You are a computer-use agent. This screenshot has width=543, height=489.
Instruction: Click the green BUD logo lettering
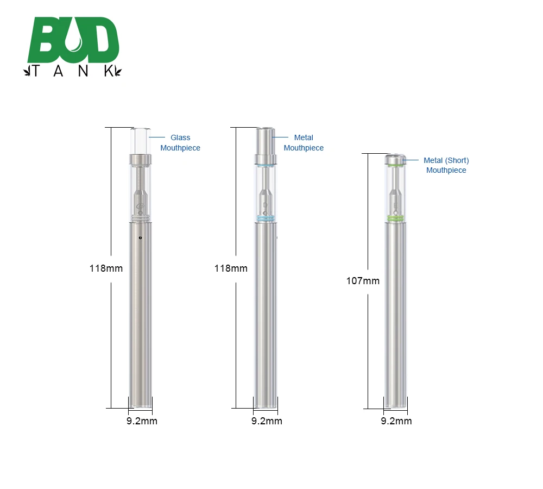point(73,41)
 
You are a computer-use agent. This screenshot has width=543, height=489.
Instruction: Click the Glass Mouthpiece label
point(180,143)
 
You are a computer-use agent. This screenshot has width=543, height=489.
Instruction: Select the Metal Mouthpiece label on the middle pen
point(304,143)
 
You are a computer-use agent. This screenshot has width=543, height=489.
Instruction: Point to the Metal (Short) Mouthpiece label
point(446,165)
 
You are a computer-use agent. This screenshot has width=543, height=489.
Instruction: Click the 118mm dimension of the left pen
point(106,268)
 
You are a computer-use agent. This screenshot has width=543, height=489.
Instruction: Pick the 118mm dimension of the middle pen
point(231,268)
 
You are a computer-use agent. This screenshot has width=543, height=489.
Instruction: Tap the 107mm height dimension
point(363,281)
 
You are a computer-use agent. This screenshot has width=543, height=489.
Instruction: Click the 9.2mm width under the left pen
point(142,421)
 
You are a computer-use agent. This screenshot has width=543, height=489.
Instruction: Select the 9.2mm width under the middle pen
point(267,421)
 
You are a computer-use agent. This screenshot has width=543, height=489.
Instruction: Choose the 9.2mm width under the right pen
point(396,421)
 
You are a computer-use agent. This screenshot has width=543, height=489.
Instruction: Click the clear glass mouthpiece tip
point(140,141)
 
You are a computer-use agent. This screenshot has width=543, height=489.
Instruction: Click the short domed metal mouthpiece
point(395,159)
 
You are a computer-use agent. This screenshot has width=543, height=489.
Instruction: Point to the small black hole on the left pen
point(140,237)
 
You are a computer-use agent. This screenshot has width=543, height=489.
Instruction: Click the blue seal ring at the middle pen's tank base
point(266,218)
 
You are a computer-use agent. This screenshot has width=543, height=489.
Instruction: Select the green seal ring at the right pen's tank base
point(395,218)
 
